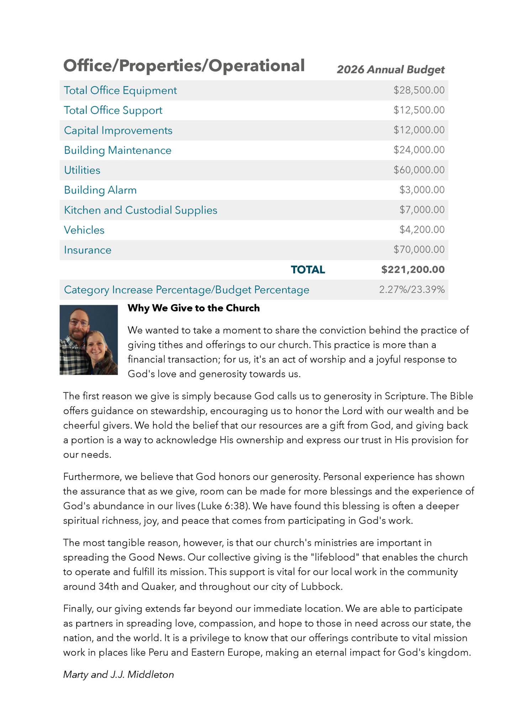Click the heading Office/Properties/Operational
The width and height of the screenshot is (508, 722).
[x=184, y=66]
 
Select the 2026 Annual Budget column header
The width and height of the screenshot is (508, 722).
[x=390, y=69]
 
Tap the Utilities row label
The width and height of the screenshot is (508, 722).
[x=82, y=170]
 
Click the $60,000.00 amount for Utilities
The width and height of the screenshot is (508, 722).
[x=419, y=170]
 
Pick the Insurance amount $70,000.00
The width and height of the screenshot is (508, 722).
[x=419, y=250]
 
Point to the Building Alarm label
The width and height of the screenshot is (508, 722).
[x=100, y=190]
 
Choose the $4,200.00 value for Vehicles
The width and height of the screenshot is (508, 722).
[x=422, y=230]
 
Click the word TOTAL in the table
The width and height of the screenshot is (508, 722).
[x=308, y=270]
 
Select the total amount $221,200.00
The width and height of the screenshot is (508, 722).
[x=413, y=270]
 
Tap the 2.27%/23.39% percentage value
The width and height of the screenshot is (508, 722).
[x=412, y=289]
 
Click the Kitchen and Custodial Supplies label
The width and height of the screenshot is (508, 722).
[x=141, y=210]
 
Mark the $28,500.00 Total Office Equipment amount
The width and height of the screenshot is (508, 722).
[x=419, y=90]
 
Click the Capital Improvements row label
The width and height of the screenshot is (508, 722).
[x=118, y=130]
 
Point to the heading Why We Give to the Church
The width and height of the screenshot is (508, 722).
[x=194, y=308]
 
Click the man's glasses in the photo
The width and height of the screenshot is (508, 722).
[x=79, y=323]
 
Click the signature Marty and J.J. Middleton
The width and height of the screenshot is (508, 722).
[x=118, y=674]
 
